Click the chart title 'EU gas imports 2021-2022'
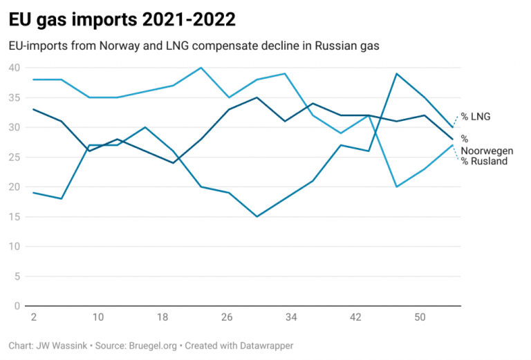pos(122,20)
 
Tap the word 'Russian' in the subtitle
pos(339,46)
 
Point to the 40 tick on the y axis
pos(15,68)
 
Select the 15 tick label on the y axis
pos(15,217)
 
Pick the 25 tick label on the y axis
pos(15,158)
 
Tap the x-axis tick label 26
pos(227,317)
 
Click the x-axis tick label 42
pos(355,317)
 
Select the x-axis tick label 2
pos(33,317)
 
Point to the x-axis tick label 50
pos(420,317)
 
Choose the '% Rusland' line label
pos(485,162)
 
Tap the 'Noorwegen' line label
pos(487,151)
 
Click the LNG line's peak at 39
pos(396,73)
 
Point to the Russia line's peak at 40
pos(201,68)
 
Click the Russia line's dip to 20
pos(396,187)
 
